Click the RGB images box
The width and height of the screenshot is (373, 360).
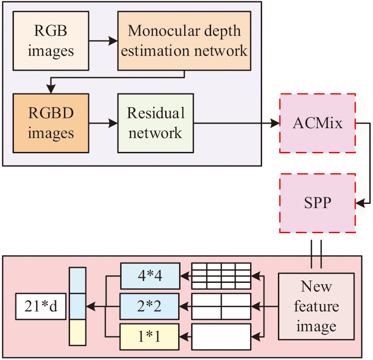(51, 40)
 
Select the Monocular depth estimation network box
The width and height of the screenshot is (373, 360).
(184, 41)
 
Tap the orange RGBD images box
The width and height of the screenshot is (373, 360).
(51, 123)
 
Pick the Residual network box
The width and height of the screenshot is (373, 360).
(155, 123)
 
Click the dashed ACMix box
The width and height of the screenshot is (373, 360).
(317, 124)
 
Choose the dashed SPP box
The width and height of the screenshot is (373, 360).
(317, 203)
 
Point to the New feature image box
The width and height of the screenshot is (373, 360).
(316, 306)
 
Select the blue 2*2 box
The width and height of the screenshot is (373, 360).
(149, 306)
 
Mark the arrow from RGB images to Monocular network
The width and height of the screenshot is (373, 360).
(103, 41)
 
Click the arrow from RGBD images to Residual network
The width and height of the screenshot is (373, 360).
(103, 124)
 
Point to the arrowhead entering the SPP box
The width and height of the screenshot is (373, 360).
(360, 203)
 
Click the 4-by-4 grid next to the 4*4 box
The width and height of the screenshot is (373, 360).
(221, 275)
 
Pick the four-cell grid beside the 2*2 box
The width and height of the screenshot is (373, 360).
(221, 306)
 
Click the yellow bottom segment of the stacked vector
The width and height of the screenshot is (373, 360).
(78, 333)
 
